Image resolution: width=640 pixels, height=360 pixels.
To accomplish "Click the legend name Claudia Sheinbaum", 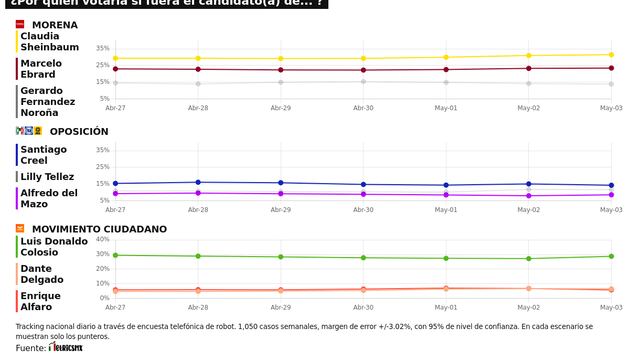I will point(47,41).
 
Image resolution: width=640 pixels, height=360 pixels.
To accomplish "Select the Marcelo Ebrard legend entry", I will point(41,68).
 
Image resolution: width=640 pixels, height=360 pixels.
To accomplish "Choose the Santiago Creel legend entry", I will point(43,155).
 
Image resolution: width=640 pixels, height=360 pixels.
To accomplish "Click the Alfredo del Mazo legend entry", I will point(49,197).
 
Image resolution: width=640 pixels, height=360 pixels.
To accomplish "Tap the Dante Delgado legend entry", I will point(43,274).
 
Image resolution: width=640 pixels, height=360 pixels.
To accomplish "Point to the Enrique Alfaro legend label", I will point(41,301).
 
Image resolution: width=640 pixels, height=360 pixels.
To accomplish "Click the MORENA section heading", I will point(55,24).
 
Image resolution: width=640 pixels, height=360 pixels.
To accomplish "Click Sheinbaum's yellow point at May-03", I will point(611,55).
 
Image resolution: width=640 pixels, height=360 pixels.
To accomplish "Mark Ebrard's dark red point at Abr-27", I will point(116,69).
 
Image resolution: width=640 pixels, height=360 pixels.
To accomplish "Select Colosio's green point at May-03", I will point(611,256).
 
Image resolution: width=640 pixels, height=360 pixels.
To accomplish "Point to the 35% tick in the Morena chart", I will point(103,48).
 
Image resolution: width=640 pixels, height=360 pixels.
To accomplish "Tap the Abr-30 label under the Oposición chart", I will point(363,210).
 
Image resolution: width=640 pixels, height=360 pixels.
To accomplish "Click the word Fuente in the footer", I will point(30,348).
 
